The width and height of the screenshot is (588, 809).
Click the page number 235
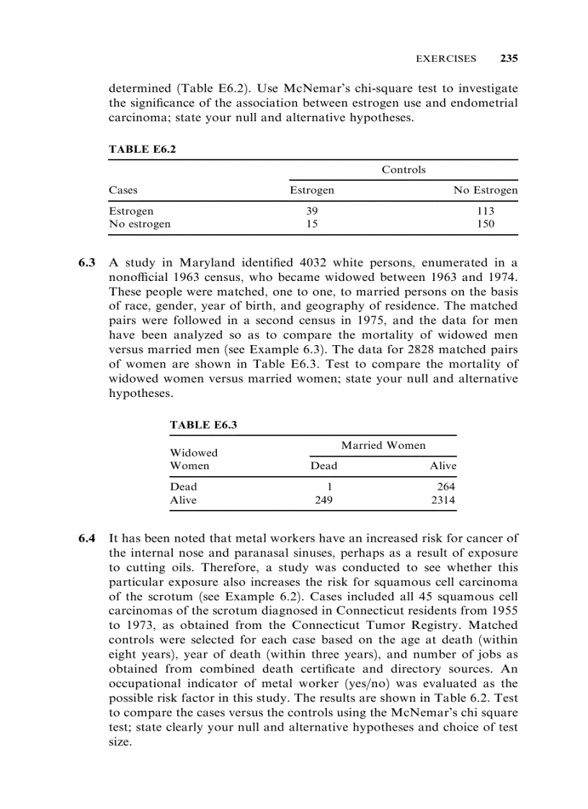point(509,58)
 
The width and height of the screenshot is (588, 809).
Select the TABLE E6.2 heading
point(142,149)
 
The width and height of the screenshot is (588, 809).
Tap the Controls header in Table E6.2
point(404,170)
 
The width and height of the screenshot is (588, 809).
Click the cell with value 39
point(311,211)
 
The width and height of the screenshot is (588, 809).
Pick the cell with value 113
point(485,211)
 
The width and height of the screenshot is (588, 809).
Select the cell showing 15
point(311,224)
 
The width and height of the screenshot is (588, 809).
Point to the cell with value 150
point(485,224)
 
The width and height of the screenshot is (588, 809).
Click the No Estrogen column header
point(485,191)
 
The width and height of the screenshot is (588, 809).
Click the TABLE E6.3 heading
point(203,425)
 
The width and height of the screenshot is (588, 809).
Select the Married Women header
point(383,445)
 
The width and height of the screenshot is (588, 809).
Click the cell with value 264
point(446,487)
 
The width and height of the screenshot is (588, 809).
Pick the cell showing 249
point(324,500)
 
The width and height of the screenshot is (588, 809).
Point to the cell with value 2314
point(443,500)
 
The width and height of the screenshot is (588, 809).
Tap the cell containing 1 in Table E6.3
point(329,487)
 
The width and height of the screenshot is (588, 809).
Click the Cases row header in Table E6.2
point(122,191)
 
